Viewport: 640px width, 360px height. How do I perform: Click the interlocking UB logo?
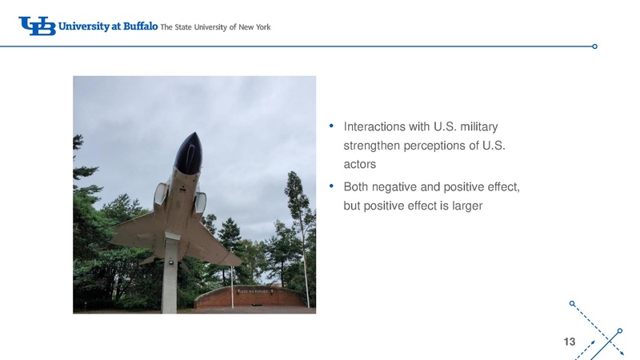(x=37, y=26)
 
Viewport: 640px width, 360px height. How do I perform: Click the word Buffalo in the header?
(x=141, y=26)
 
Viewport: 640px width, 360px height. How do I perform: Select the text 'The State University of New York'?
(x=215, y=27)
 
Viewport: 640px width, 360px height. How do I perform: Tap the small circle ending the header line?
(x=594, y=46)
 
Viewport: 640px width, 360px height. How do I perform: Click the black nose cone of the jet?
(x=189, y=152)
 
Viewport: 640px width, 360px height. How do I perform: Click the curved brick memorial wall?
(x=250, y=297)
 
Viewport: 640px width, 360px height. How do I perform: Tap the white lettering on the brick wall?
(x=253, y=291)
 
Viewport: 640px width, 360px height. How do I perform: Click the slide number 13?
(x=570, y=342)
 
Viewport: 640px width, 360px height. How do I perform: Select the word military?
(x=478, y=127)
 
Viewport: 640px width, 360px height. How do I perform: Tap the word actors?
(x=359, y=165)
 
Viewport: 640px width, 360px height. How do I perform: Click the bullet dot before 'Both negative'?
(x=331, y=186)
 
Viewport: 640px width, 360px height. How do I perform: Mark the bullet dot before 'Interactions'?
(x=331, y=126)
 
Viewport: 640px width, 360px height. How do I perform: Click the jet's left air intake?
(x=161, y=195)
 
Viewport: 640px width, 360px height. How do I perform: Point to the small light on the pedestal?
(x=170, y=262)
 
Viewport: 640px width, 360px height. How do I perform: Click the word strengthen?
(x=372, y=146)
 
